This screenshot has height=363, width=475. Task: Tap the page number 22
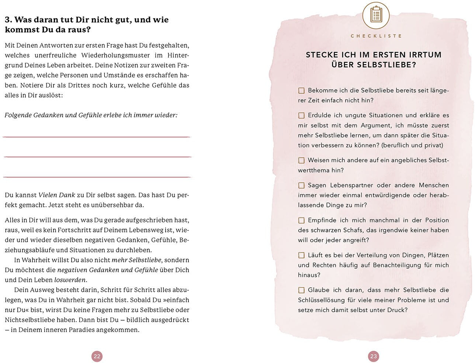97,356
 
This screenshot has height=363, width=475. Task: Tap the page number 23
374,356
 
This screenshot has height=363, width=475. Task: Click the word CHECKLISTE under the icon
376,36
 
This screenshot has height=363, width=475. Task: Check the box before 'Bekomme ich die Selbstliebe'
301,91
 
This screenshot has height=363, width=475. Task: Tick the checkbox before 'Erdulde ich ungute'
301,115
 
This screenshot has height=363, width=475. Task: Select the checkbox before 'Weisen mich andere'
301,160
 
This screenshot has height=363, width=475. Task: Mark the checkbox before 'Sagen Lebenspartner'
301,186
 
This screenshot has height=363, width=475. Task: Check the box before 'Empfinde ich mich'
301,221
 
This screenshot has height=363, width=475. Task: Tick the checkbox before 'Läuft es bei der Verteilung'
301,255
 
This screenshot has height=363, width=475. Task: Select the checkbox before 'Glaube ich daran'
301,290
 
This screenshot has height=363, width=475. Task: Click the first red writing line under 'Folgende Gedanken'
97,137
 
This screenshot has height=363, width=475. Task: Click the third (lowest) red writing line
97,177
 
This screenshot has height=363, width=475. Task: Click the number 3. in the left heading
8,20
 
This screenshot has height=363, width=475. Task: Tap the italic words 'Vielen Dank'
56,195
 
